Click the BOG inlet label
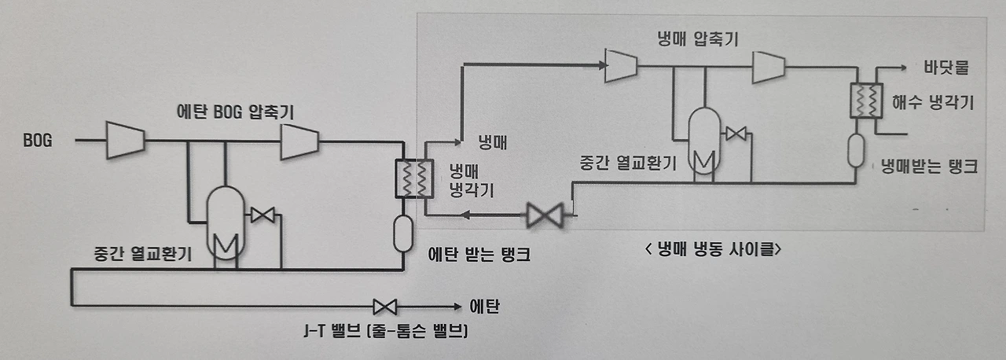pyautogui.click(x=39, y=140)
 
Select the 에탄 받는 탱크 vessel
pyautogui.click(x=403, y=233)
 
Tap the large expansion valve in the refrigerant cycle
pyautogui.click(x=544, y=214)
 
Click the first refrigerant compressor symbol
pyautogui.click(x=620, y=66)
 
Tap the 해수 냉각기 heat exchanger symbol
pyautogui.click(x=866, y=101)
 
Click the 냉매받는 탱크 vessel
pyautogui.click(x=856, y=150)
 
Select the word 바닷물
pyautogui.click(x=946, y=67)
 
